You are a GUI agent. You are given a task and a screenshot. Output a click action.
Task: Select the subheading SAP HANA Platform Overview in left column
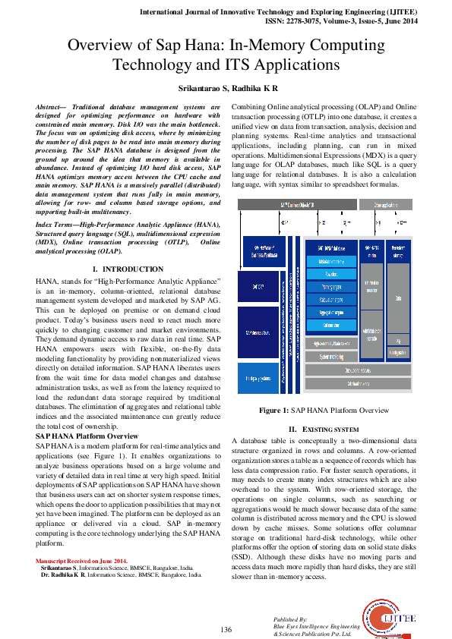pos(84,436)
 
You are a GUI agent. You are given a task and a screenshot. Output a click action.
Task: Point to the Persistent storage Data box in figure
pos(397,300)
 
